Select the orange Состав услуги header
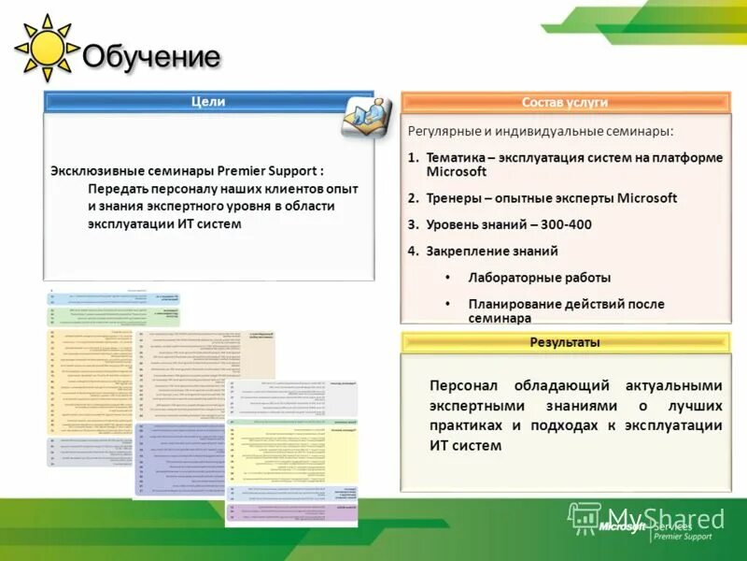click(x=565, y=102)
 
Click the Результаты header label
click(x=565, y=342)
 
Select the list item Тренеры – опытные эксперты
click(x=551, y=198)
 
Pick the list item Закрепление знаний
click(x=492, y=251)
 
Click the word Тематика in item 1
click(x=455, y=157)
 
